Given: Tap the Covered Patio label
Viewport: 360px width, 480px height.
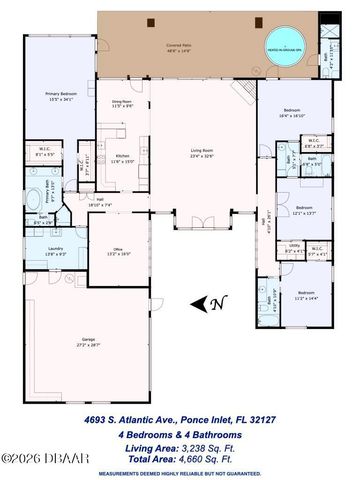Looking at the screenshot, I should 178,46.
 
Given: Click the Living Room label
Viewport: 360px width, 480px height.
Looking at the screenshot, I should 203,153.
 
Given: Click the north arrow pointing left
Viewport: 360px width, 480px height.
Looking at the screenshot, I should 200,303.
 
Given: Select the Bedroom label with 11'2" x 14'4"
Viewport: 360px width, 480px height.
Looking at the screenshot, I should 305,296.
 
